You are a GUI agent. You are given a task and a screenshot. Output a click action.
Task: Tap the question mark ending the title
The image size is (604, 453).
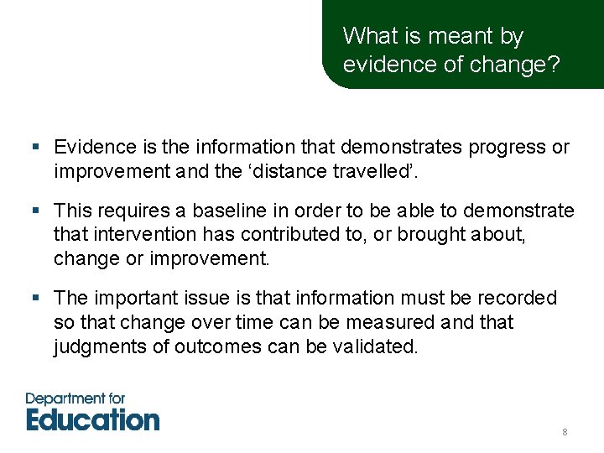tap(554, 65)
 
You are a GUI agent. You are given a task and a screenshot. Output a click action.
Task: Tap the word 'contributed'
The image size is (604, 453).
tap(293, 234)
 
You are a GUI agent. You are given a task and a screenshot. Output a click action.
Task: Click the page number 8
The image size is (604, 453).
tap(565, 432)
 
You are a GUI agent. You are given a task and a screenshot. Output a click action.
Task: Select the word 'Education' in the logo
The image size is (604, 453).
tap(92, 418)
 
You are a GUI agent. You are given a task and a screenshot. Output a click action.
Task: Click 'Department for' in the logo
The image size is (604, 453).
tap(75, 398)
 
